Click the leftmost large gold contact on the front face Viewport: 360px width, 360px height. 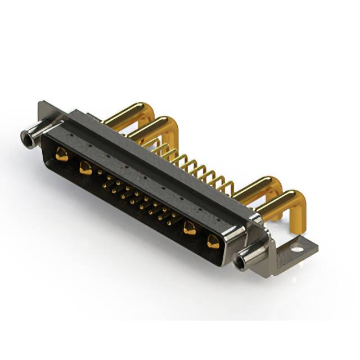point(62,155)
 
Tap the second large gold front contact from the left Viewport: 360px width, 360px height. point(85,167)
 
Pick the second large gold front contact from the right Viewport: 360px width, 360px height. point(190,228)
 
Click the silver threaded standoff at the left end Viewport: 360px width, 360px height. point(33,136)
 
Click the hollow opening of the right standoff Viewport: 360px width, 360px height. point(241,262)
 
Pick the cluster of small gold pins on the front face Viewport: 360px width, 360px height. point(135,197)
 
